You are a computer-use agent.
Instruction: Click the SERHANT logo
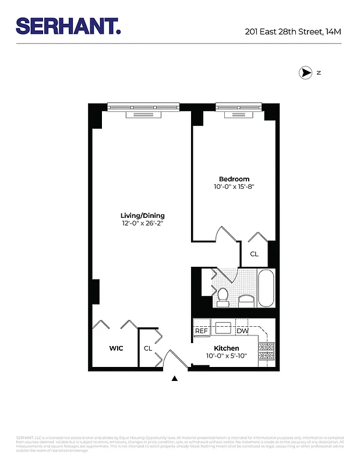pyautogui.click(x=68, y=26)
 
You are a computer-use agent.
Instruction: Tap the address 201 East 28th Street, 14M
pyautogui.click(x=293, y=31)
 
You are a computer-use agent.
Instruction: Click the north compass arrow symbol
pyautogui.click(x=305, y=73)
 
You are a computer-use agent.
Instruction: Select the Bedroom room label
pyautogui.click(x=234, y=179)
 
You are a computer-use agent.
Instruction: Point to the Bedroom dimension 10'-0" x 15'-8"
pyautogui.click(x=234, y=186)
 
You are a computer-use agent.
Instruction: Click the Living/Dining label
pyautogui.click(x=143, y=216)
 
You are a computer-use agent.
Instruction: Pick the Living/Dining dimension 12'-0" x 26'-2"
pyautogui.click(x=143, y=224)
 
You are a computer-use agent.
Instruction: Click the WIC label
pyautogui.click(x=117, y=348)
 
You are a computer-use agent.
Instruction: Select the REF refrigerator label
pyautogui.click(x=202, y=331)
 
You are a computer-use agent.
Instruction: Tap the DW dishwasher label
pyautogui.click(x=242, y=331)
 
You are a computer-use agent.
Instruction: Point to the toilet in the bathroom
pyautogui.click(x=223, y=296)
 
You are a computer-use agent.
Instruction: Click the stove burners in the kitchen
pyautogui.click(x=266, y=351)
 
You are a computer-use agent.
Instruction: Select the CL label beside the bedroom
pyautogui.click(x=254, y=254)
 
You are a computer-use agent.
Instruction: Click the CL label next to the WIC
pyautogui.click(x=148, y=348)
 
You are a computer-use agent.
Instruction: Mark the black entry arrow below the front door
pyautogui.click(x=175, y=379)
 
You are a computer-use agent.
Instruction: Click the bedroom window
pyautogui.click(x=239, y=108)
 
